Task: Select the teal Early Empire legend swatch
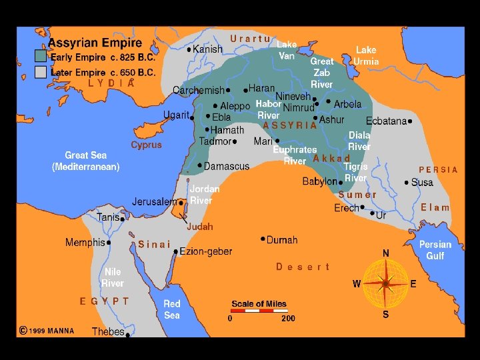(41, 57)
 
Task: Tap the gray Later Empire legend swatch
(41, 72)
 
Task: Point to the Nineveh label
(293, 96)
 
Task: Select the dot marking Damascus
(200, 165)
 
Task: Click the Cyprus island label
(146, 145)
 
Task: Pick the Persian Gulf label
(435, 250)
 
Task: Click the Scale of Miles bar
(259, 311)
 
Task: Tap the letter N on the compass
(385, 253)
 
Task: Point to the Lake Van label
(287, 50)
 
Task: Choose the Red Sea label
(172, 309)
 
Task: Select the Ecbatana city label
(386, 121)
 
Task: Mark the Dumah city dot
(263, 238)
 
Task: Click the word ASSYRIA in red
(290, 125)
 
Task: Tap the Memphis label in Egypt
(85, 243)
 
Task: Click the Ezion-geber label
(207, 251)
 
